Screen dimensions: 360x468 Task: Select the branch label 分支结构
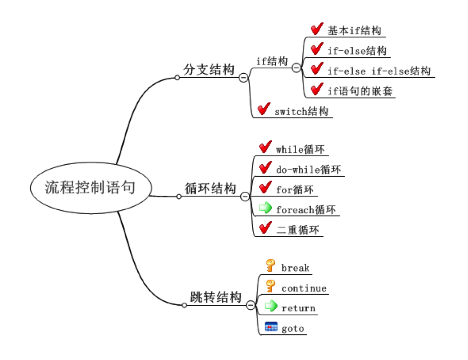pyautogui.click(x=208, y=70)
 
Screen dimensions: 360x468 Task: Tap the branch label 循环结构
pyautogui.click(x=210, y=188)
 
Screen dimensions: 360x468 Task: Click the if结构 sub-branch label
pyautogui.click(x=272, y=61)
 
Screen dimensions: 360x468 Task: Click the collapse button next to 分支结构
pyautogui.click(x=243, y=78)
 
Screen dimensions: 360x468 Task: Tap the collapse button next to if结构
pyautogui.click(x=296, y=68)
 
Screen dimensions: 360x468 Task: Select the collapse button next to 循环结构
pyautogui.click(x=245, y=196)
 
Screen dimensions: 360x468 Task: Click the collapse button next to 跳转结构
pyautogui.click(x=250, y=306)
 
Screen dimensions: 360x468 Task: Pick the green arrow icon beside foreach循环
pyautogui.click(x=266, y=208)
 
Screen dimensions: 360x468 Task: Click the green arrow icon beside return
pyautogui.click(x=271, y=306)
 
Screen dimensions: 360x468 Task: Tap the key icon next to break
pyautogui.click(x=271, y=266)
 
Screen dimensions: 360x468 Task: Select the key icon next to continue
pyautogui.click(x=271, y=286)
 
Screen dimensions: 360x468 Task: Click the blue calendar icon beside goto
pyautogui.click(x=271, y=327)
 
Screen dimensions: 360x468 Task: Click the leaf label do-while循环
pyautogui.click(x=308, y=170)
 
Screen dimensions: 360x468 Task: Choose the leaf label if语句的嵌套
pyautogui.click(x=360, y=91)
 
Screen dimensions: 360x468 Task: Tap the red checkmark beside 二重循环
pyautogui.click(x=265, y=228)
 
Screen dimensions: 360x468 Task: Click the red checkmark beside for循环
pyautogui.click(x=265, y=188)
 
